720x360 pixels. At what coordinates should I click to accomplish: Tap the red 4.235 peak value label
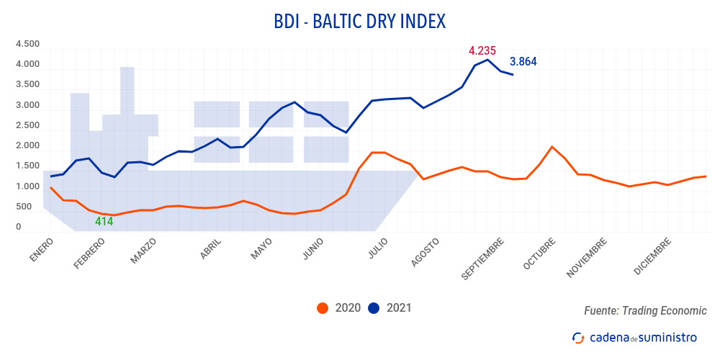click(x=482, y=51)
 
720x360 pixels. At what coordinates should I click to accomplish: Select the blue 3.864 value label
click(x=523, y=62)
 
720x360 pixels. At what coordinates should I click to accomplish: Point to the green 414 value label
click(x=104, y=222)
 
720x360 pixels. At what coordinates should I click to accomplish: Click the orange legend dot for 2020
click(x=323, y=308)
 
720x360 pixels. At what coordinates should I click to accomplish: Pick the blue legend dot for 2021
click(x=374, y=308)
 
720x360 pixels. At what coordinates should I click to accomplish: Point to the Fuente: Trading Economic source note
click(x=645, y=310)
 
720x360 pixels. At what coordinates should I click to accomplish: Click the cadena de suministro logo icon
click(x=577, y=337)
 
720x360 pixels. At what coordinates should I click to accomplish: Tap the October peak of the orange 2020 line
click(x=552, y=147)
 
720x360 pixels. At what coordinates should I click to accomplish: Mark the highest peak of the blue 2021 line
click(x=488, y=59)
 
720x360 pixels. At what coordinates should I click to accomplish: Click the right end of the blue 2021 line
click(x=513, y=75)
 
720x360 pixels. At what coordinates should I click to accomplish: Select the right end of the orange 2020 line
click(x=706, y=176)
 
